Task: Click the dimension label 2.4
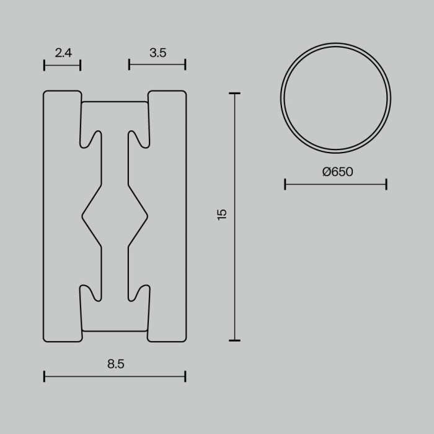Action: coord(63,53)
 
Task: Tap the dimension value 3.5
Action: coord(157,53)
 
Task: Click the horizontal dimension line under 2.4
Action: coord(63,64)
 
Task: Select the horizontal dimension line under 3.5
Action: coord(157,64)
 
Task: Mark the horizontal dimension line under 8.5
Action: coord(115,376)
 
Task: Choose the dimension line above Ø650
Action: coord(335,184)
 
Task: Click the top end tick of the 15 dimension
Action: coord(234,94)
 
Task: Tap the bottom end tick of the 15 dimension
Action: coord(234,340)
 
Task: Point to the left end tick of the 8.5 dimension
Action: coord(45,376)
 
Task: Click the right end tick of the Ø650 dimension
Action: coord(386,184)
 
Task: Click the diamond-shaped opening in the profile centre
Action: coord(115,215)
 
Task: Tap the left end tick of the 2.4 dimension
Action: coord(45,64)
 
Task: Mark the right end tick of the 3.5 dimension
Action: coord(185,64)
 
